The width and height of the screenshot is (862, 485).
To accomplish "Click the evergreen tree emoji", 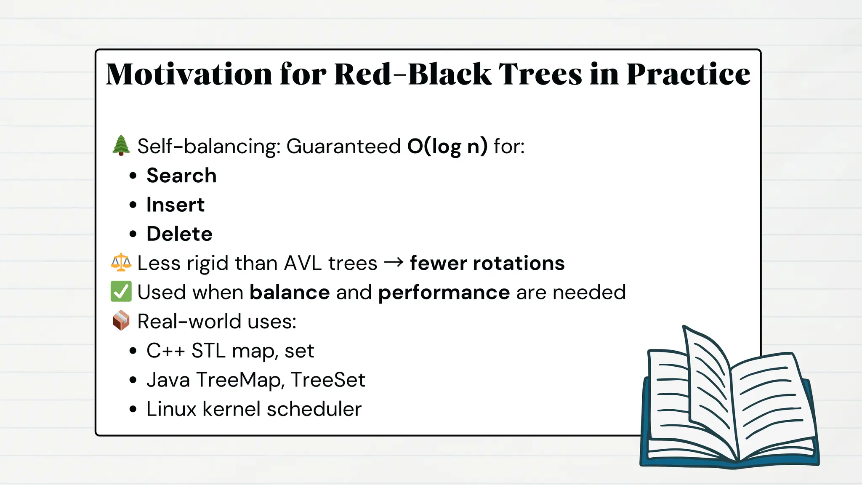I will [121, 146].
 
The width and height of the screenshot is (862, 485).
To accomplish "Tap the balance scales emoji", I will [121, 262].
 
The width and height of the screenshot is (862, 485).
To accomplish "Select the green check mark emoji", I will [121, 292].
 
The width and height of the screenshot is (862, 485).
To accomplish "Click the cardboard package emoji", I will [121, 321].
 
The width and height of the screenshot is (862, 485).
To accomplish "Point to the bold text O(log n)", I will [447, 147].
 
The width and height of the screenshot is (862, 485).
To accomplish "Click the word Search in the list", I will [181, 176].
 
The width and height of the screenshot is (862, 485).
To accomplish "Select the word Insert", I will [175, 205].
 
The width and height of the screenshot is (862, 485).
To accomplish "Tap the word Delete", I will [179, 234].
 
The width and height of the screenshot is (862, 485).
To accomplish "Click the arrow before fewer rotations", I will [394, 263].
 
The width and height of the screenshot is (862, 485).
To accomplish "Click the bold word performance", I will [444, 293].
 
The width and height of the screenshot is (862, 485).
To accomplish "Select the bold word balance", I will [290, 292].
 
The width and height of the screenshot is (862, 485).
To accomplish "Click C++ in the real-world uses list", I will [165, 351].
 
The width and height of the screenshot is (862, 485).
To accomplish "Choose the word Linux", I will [171, 409].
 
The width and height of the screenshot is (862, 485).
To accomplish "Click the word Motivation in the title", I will [189, 74].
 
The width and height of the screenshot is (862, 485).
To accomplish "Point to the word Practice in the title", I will [688, 74].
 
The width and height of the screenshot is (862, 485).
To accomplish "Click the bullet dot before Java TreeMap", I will [133, 380].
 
